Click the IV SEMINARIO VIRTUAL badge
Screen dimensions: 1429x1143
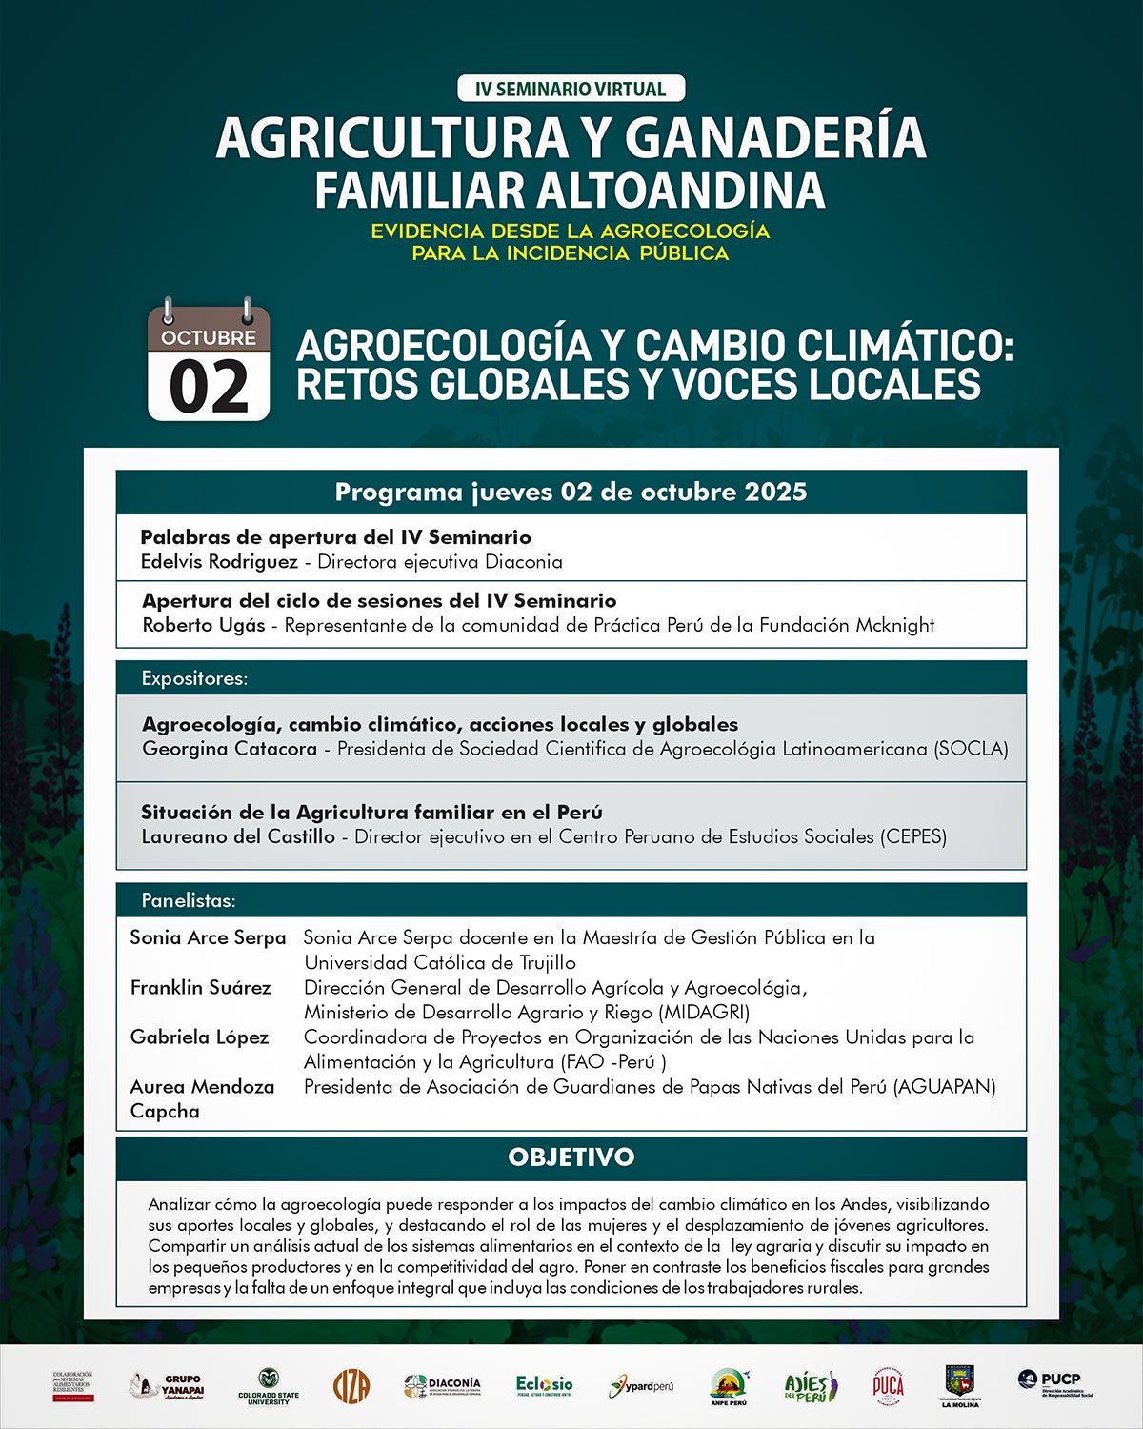[571, 89]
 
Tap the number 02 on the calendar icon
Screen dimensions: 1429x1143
[209, 386]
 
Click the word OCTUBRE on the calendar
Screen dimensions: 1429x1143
[209, 337]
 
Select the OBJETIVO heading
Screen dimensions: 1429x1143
[571, 1157]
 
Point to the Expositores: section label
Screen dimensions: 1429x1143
[194, 678]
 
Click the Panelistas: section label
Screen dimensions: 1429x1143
[189, 900]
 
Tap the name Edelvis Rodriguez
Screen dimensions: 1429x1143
[219, 562]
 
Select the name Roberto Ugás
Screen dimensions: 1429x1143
[204, 626]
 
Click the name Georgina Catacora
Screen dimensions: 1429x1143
[230, 749]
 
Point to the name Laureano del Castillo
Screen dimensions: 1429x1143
[238, 836]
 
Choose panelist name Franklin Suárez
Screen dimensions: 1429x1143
[200, 987]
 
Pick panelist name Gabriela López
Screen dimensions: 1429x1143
[199, 1037]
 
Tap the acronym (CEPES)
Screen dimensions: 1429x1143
[913, 836]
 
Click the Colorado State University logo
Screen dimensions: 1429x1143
[269, 1386]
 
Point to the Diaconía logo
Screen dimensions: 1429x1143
[442, 1385]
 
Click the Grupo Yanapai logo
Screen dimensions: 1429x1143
[168, 1385]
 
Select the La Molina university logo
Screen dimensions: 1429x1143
[959, 1385]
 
